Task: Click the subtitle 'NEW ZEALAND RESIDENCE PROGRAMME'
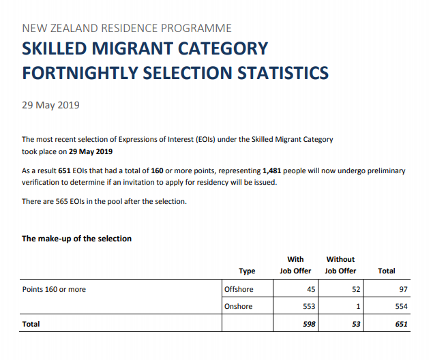click(x=127, y=29)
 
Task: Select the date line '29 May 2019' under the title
click(x=51, y=105)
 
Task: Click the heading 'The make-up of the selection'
click(x=76, y=239)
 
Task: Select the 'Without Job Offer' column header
click(x=340, y=265)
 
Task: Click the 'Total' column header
click(x=386, y=271)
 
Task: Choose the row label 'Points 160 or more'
click(x=55, y=289)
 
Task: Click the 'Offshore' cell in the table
click(x=239, y=289)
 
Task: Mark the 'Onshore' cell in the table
click(x=239, y=307)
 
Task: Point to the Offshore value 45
click(x=310, y=289)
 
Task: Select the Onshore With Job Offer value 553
click(x=308, y=307)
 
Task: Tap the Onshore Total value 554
click(x=401, y=307)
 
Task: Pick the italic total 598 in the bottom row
click(x=308, y=325)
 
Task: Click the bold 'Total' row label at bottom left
click(x=31, y=325)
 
